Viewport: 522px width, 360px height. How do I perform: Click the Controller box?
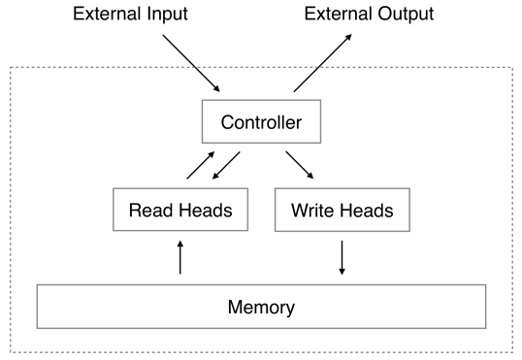(261, 123)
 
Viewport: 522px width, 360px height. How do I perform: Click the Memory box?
(261, 307)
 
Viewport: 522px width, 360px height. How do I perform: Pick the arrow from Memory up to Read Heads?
(180, 258)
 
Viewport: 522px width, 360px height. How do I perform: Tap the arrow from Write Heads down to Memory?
(342, 258)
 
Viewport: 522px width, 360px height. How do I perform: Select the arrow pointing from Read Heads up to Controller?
(200, 165)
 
